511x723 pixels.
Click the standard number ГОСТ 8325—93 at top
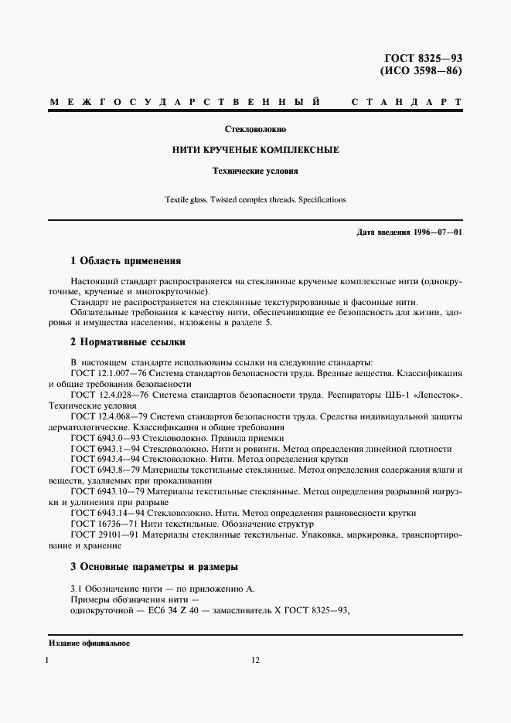click(423, 59)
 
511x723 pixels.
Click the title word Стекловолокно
click(255, 129)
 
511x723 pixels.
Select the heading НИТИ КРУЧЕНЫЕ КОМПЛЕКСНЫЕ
click(255, 150)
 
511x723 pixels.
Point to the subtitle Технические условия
click(255, 171)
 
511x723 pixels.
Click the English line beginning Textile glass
click(255, 199)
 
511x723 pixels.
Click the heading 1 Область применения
click(125, 261)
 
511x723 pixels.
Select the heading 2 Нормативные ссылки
click(128, 342)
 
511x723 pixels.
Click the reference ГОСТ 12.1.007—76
click(104, 373)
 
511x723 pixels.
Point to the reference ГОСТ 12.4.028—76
click(104, 395)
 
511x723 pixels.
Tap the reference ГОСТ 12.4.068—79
click(104, 416)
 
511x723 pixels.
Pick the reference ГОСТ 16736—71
click(98, 524)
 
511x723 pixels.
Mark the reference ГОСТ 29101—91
click(98, 535)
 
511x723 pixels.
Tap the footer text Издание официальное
click(89, 643)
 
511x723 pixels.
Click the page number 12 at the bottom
click(255, 661)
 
